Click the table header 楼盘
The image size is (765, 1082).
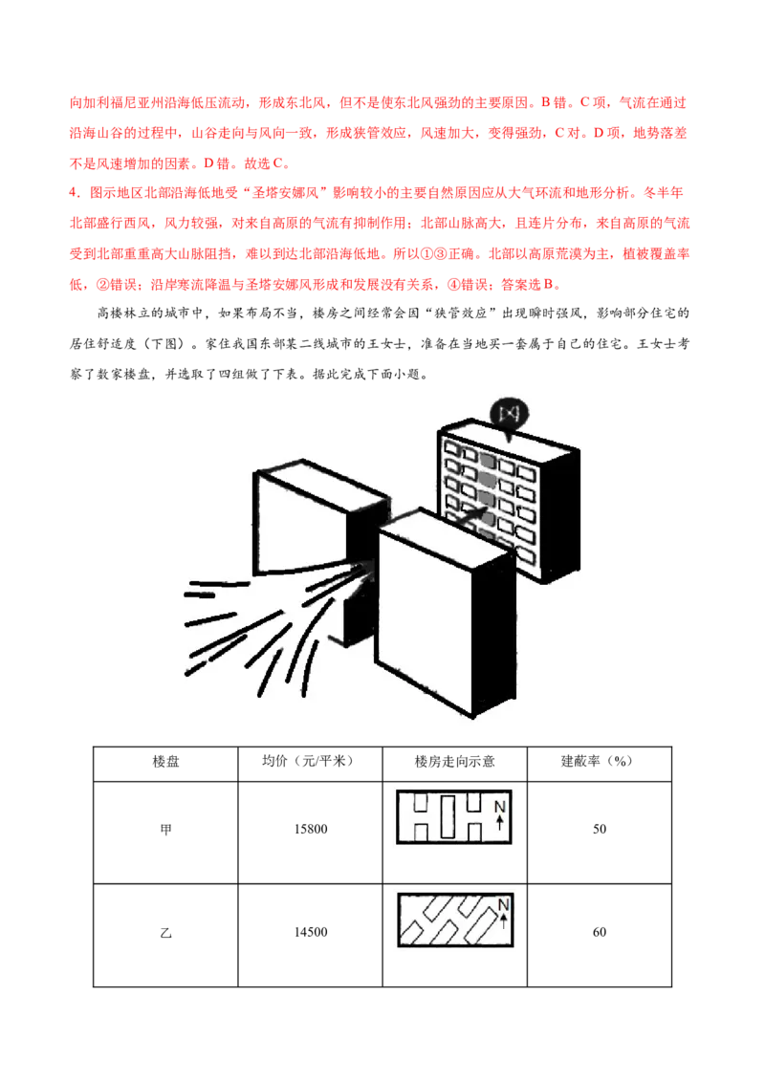point(165,761)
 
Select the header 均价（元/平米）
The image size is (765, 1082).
point(310,761)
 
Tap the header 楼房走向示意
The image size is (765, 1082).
point(454,761)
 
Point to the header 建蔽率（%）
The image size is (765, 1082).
point(599,761)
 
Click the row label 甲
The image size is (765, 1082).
point(165,830)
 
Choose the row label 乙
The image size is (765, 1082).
point(165,933)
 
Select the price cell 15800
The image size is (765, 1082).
point(311,829)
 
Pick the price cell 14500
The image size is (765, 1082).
point(311,932)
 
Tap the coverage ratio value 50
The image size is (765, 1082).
point(600,829)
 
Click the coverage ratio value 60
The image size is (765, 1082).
point(600,932)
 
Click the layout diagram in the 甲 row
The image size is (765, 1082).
point(454,817)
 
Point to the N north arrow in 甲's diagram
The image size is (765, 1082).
point(500,814)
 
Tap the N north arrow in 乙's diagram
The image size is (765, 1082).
point(503,912)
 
